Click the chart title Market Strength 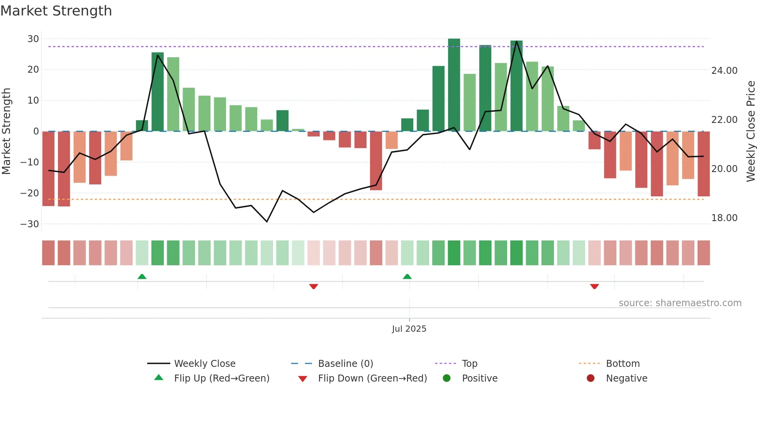(56, 11)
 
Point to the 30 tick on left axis (33, 39)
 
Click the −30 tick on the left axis (30, 224)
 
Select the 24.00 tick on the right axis (724, 71)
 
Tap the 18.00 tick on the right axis (724, 218)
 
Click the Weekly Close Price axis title (750, 131)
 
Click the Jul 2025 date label (409, 329)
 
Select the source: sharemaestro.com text (680, 303)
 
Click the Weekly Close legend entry (204, 364)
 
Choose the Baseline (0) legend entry (345, 364)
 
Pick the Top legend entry (469, 364)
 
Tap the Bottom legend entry (623, 364)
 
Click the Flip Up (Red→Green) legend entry (221, 378)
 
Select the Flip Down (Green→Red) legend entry (372, 378)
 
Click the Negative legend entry (626, 378)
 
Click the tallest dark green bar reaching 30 (454, 85)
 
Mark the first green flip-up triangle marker (142, 276)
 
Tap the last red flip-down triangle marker (594, 286)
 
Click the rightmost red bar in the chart (703, 164)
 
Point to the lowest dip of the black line (267, 222)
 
